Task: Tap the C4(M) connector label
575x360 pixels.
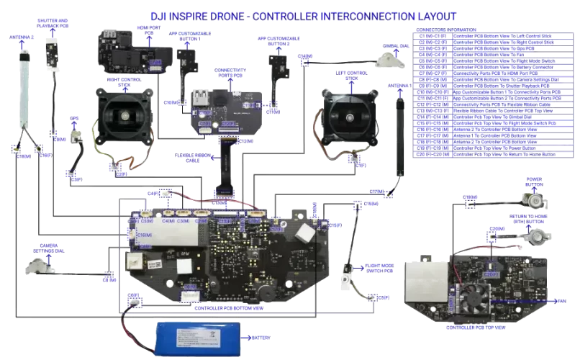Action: (x=170, y=221)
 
